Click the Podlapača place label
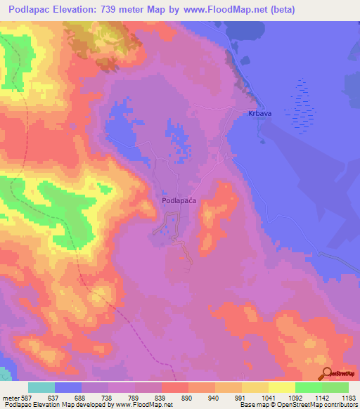point(178,200)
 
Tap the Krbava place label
point(259,113)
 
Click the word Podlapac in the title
point(36,9)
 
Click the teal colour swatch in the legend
point(41,387)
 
